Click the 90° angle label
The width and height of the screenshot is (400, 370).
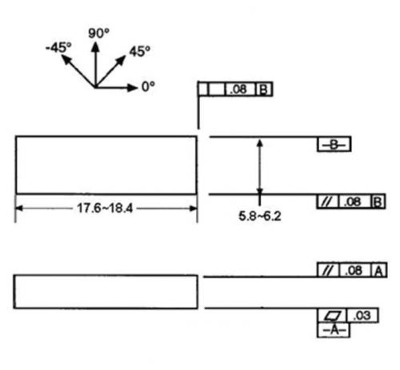pyautogui.click(x=98, y=34)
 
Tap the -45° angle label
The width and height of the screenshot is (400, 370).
pyautogui.click(x=58, y=48)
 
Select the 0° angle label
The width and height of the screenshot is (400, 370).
pyautogui.click(x=148, y=86)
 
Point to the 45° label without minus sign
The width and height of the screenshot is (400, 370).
pyautogui.click(x=140, y=51)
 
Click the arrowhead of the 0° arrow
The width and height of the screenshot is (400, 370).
pyautogui.click(x=133, y=87)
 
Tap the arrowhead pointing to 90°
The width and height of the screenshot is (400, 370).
pyautogui.click(x=95, y=47)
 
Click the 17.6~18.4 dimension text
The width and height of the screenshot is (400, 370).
pyautogui.click(x=105, y=208)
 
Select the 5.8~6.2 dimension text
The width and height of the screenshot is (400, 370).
pyautogui.click(x=260, y=216)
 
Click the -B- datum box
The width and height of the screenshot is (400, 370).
pyautogui.click(x=334, y=145)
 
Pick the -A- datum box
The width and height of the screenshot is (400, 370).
pyautogui.click(x=334, y=330)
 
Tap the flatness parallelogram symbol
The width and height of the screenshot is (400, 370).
pyautogui.click(x=332, y=316)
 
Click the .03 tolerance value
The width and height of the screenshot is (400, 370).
pyautogui.click(x=362, y=316)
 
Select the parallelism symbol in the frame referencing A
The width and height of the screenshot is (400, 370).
pyautogui.click(x=328, y=271)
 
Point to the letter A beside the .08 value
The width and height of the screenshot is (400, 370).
pyautogui.click(x=379, y=271)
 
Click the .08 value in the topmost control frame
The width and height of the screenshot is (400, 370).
pyautogui.click(x=238, y=90)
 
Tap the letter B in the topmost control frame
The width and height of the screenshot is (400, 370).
pyautogui.click(x=263, y=90)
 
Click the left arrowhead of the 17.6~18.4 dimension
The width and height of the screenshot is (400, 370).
pyautogui.click(x=19, y=209)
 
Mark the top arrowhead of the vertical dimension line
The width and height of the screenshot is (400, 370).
pyautogui.click(x=260, y=143)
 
